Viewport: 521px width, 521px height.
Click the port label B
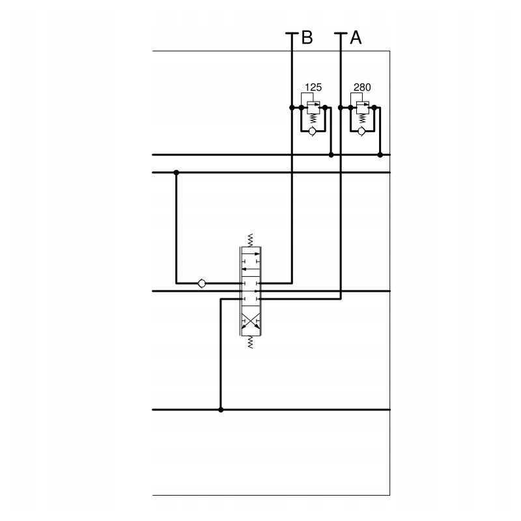[306, 38]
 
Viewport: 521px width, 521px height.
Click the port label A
[356, 38]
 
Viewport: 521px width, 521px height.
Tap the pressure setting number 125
[313, 87]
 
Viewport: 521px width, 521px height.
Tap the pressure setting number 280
[362, 87]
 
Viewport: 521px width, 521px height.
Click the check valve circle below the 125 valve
[312, 131]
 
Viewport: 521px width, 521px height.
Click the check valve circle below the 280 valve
[361, 131]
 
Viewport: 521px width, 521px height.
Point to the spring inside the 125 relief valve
[313, 118]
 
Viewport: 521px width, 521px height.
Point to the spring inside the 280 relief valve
[361, 118]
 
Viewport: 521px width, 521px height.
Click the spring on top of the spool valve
[250, 240]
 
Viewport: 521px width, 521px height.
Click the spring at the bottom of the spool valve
[250, 342]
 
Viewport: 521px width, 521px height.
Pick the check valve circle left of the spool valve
[201, 283]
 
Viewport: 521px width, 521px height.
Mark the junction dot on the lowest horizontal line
[221, 410]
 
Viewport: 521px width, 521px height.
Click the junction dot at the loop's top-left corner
[176, 173]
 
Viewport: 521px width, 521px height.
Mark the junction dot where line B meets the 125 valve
[292, 107]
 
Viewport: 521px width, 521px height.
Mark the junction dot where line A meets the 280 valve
[341, 107]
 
